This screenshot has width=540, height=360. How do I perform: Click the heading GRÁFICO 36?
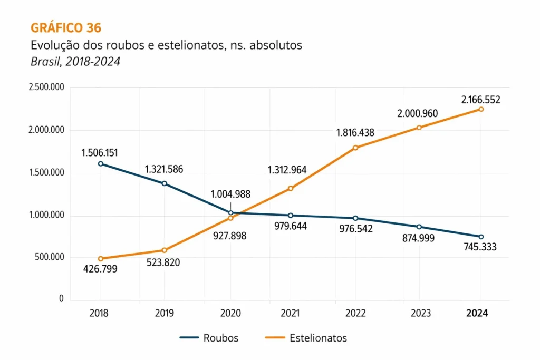pyautogui.click(x=66, y=28)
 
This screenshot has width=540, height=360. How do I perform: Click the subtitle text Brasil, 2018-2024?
pyautogui.click(x=75, y=62)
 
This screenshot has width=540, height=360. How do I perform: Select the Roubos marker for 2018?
pyautogui.click(x=100, y=164)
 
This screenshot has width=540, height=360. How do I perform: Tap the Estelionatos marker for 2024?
pyautogui.click(x=481, y=109)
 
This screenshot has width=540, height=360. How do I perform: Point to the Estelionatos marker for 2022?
pyautogui.click(x=356, y=148)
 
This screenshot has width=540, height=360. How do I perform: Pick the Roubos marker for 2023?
pyautogui.click(x=419, y=227)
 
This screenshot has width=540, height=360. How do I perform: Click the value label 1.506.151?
pyautogui.click(x=100, y=153)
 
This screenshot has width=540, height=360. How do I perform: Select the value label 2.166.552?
pyautogui.click(x=480, y=99)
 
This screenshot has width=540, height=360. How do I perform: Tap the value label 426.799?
pyautogui.click(x=100, y=269)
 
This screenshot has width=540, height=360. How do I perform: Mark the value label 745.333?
pyautogui.click(x=480, y=246)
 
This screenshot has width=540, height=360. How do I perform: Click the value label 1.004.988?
pyautogui.click(x=231, y=194)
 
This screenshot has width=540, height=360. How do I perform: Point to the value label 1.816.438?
pyautogui.click(x=355, y=133)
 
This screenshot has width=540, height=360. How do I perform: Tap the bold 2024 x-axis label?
pyautogui.click(x=477, y=313)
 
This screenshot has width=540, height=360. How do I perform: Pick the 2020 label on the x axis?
pyautogui.click(x=230, y=313)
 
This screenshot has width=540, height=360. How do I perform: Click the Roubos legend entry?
pyautogui.click(x=209, y=338)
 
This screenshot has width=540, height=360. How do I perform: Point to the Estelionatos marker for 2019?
pyautogui.click(x=165, y=250)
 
